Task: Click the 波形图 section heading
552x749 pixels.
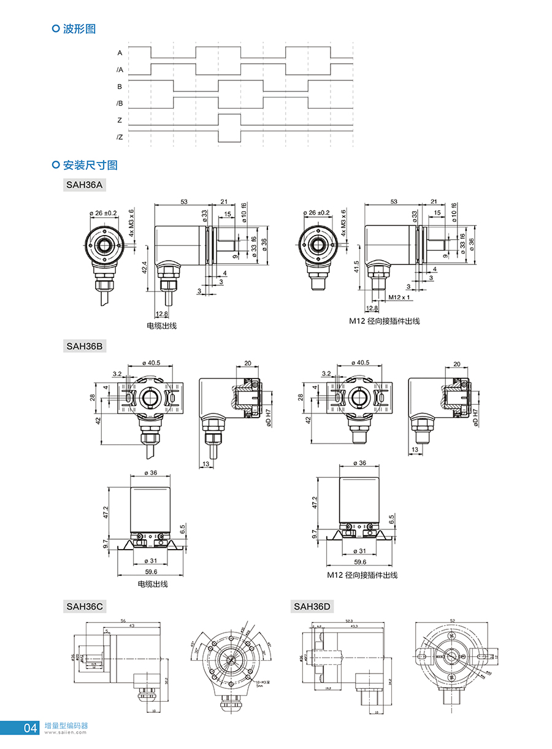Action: pos(79,28)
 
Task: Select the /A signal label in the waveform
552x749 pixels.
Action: pos(120,70)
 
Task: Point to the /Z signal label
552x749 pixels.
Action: pos(120,137)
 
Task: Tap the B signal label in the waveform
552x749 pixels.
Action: pos(120,86)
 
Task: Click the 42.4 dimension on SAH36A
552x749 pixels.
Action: pos(144,267)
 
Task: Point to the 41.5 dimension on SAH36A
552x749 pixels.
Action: pos(356,266)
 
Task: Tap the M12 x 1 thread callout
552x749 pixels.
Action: pos(399,298)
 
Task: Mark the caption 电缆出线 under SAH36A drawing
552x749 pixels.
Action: pos(161,326)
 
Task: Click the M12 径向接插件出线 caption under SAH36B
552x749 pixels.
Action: pos(362,575)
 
